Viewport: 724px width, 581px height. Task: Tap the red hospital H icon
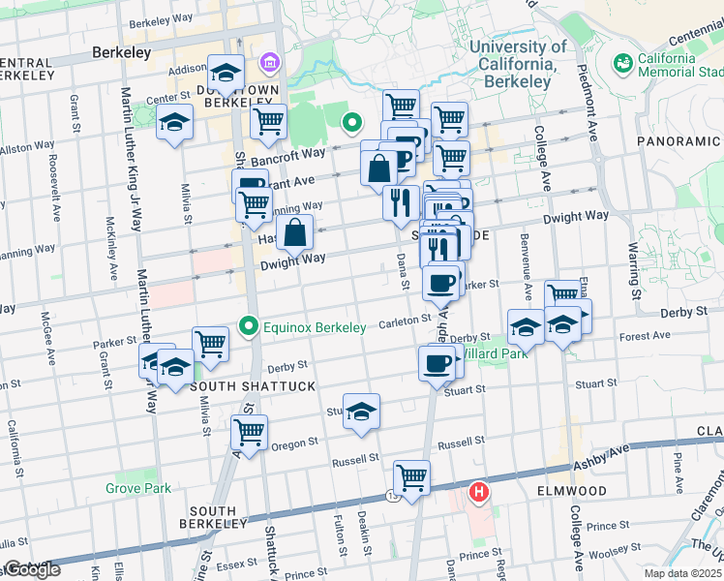[x=478, y=493]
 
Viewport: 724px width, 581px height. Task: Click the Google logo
[x=31, y=569]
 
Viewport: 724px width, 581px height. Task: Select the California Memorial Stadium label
[x=667, y=65]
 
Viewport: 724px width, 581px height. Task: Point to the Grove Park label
[x=138, y=488]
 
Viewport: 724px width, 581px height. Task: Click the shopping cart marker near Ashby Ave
[x=411, y=477]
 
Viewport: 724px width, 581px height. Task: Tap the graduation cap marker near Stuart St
[x=361, y=411]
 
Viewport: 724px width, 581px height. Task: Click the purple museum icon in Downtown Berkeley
[x=267, y=65]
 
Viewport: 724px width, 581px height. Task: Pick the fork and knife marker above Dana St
[x=400, y=203]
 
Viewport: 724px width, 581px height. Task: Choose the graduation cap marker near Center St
[x=175, y=122]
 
